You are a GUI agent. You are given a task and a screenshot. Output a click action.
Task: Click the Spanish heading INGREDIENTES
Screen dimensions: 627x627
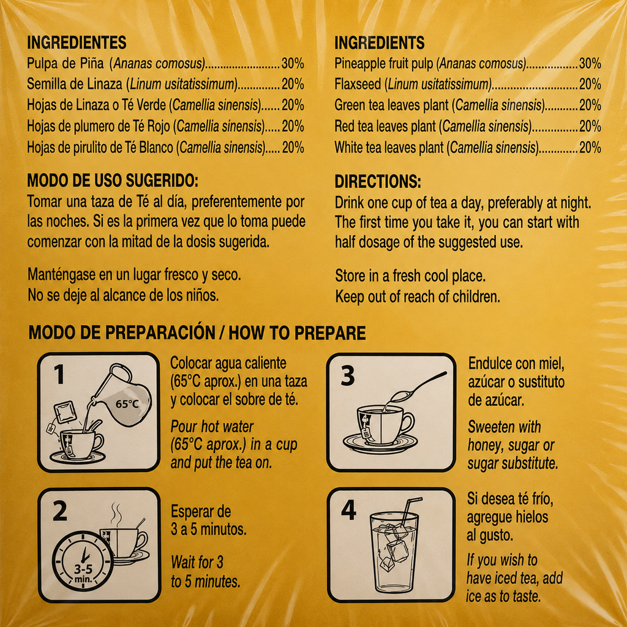[x=77, y=42]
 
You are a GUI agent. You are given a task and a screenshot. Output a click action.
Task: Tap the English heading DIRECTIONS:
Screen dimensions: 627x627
[x=377, y=181]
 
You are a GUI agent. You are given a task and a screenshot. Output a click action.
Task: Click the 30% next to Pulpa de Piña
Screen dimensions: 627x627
[x=293, y=63]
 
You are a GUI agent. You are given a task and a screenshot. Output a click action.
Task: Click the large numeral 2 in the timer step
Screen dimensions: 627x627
[x=60, y=511]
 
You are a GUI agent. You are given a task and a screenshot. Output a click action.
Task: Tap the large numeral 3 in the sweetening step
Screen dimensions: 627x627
[x=348, y=376]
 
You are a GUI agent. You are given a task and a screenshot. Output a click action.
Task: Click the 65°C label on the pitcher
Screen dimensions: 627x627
[x=127, y=404]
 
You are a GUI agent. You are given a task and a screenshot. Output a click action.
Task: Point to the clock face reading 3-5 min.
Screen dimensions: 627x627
[x=83, y=561]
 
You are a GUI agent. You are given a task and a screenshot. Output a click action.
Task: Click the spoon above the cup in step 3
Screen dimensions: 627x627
[x=416, y=387]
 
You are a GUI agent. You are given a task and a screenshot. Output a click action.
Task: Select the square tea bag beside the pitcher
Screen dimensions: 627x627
[x=65, y=412]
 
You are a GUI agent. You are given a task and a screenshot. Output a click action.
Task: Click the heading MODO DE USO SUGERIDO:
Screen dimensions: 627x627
[x=113, y=181]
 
